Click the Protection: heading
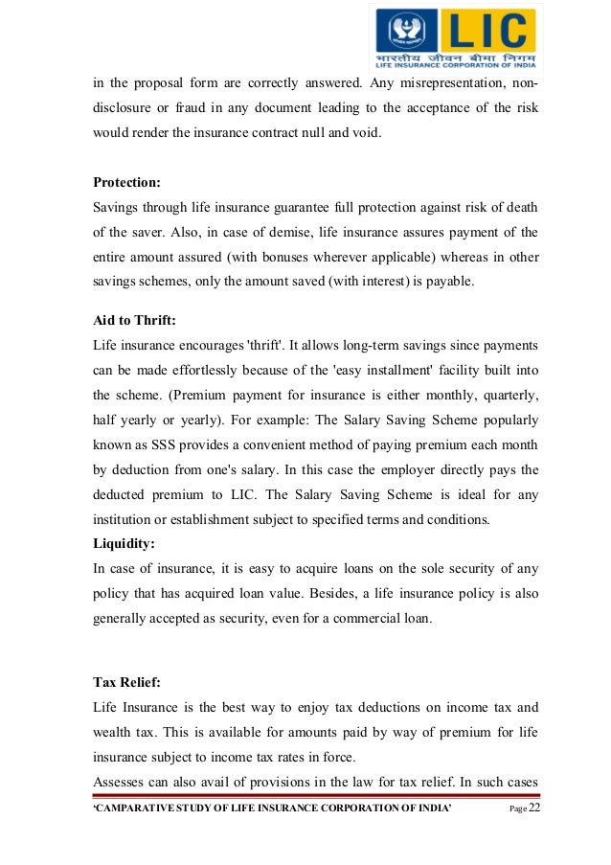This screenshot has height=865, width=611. point(126,183)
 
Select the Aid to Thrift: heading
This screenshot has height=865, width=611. point(133,322)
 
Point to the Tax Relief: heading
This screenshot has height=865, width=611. point(128,683)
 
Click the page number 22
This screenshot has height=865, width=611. point(533,809)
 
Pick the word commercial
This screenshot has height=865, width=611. point(353,619)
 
